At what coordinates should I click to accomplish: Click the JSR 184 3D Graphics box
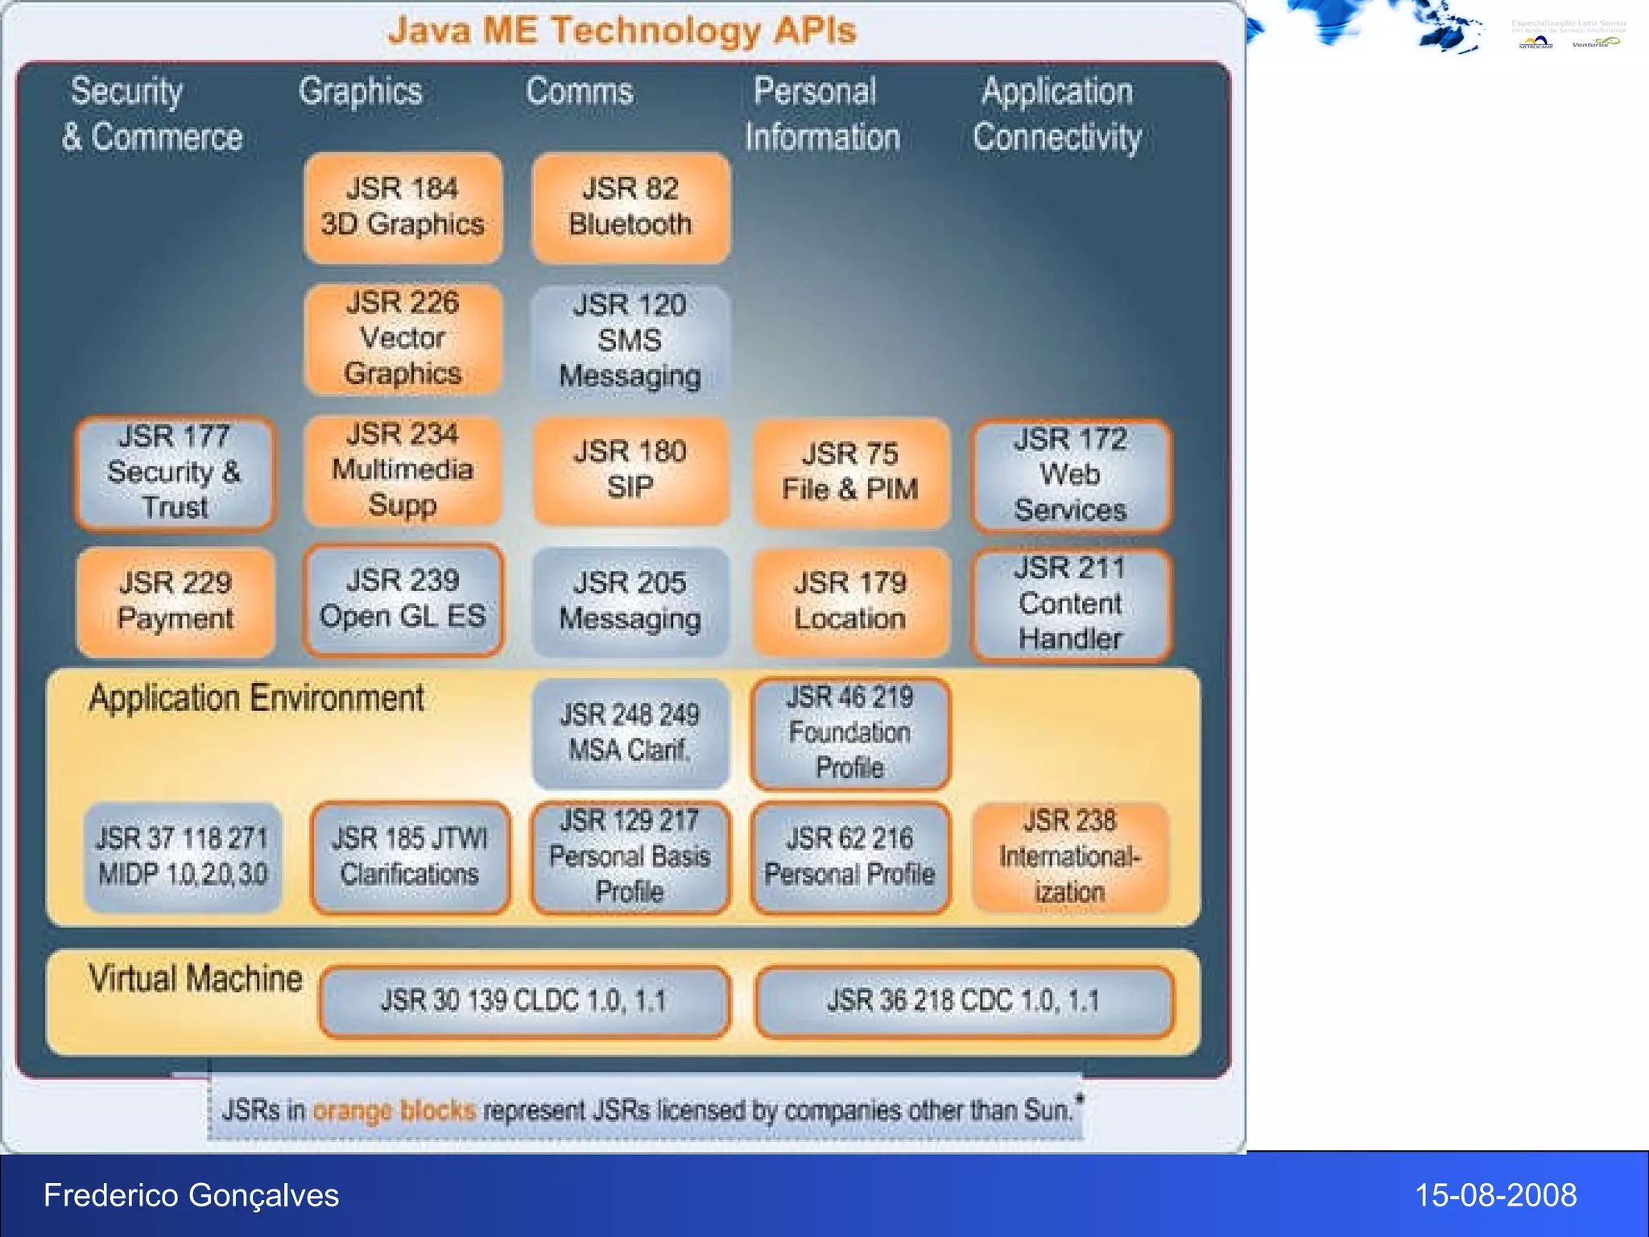403,207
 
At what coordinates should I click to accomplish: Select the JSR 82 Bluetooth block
630,207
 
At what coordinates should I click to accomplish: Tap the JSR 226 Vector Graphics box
403,338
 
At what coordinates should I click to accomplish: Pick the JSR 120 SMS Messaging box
630,341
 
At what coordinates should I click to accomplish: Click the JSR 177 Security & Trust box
175,473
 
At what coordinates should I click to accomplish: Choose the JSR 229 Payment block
175,601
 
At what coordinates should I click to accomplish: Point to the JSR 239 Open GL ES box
403,599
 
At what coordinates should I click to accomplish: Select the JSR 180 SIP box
630,470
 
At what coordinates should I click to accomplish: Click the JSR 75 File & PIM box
850,472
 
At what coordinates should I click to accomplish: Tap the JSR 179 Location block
850,601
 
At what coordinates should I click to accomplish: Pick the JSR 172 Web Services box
1070,475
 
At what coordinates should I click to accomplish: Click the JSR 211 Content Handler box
1070,604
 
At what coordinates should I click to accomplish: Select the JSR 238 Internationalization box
1070,857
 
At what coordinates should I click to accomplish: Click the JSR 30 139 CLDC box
524,1001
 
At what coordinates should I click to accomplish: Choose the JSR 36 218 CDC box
964,1001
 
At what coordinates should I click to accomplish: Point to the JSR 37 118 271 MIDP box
183,857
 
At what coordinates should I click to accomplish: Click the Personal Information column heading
821,114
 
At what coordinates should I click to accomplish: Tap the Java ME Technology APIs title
622,31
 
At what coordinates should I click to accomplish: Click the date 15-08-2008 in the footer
1495,1195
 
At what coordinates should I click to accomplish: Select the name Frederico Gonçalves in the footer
192,1195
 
